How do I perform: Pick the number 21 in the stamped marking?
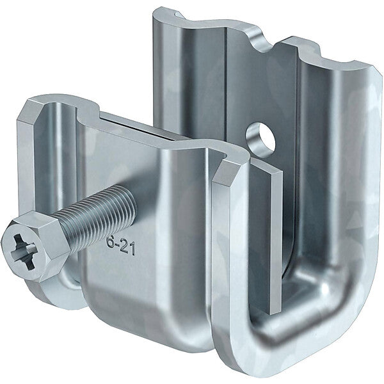tap(129, 248)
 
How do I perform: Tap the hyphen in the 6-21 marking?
tap(118, 246)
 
